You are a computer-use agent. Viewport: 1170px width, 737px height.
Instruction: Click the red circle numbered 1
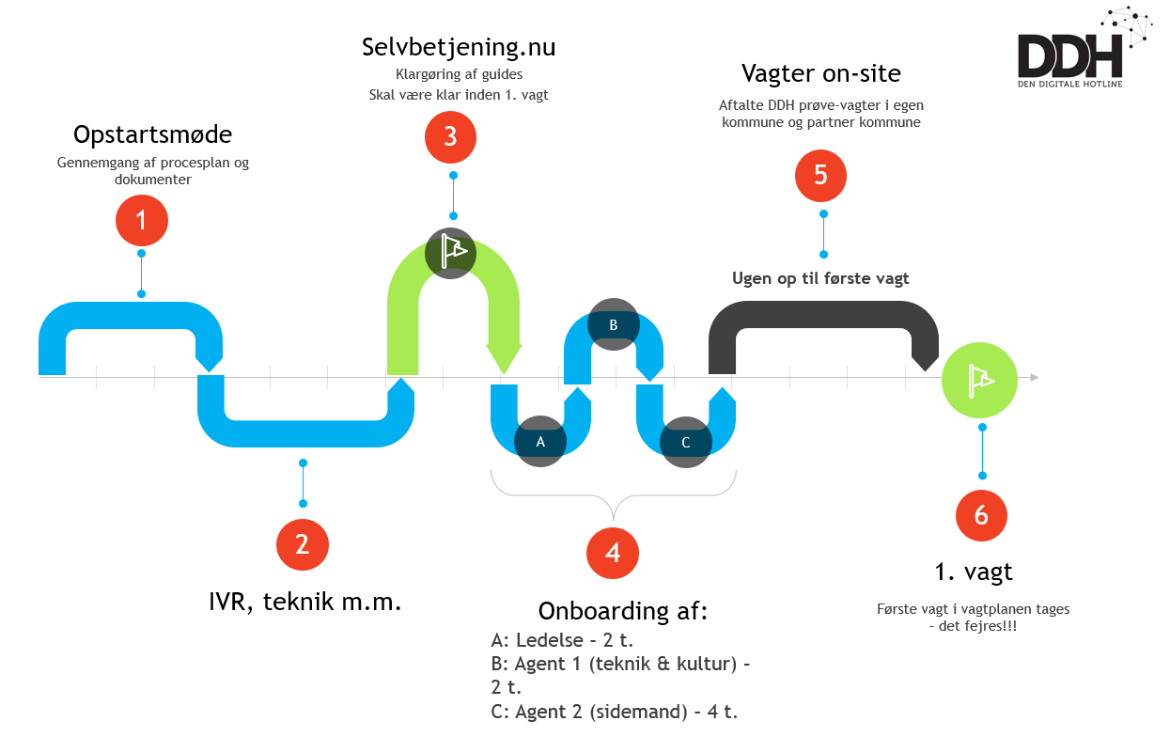(141, 221)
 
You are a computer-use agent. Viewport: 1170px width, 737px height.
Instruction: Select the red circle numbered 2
(302, 544)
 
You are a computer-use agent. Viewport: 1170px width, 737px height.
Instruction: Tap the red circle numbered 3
(450, 136)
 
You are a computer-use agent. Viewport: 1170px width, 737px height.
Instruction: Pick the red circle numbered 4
(613, 552)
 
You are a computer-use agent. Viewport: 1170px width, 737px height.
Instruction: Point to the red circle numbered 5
(820, 175)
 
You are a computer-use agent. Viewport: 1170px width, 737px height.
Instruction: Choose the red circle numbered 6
(981, 515)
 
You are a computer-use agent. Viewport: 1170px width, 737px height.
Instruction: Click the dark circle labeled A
(540, 441)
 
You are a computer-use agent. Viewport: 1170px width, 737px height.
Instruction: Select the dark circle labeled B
(613, 324)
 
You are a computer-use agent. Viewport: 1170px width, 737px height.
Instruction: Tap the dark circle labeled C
(685, 442)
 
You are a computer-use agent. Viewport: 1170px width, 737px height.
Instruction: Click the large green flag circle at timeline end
(979, 379)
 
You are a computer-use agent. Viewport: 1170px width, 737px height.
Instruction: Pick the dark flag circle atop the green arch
(450, 252)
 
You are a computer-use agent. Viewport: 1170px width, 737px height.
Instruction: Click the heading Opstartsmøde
(152, 135)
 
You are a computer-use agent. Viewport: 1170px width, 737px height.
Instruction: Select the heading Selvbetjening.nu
(459, 47)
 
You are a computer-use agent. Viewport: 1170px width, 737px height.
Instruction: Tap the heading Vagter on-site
(820, 73)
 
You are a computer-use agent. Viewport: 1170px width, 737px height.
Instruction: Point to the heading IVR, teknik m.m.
(305, 602)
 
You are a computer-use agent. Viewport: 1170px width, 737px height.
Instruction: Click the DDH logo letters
(1069, 56)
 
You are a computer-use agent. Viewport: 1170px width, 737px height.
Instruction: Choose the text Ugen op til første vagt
(820, 278)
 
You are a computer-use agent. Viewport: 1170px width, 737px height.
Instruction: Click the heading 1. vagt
(974, 571)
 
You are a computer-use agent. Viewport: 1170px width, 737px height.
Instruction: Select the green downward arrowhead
(504, 358)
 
